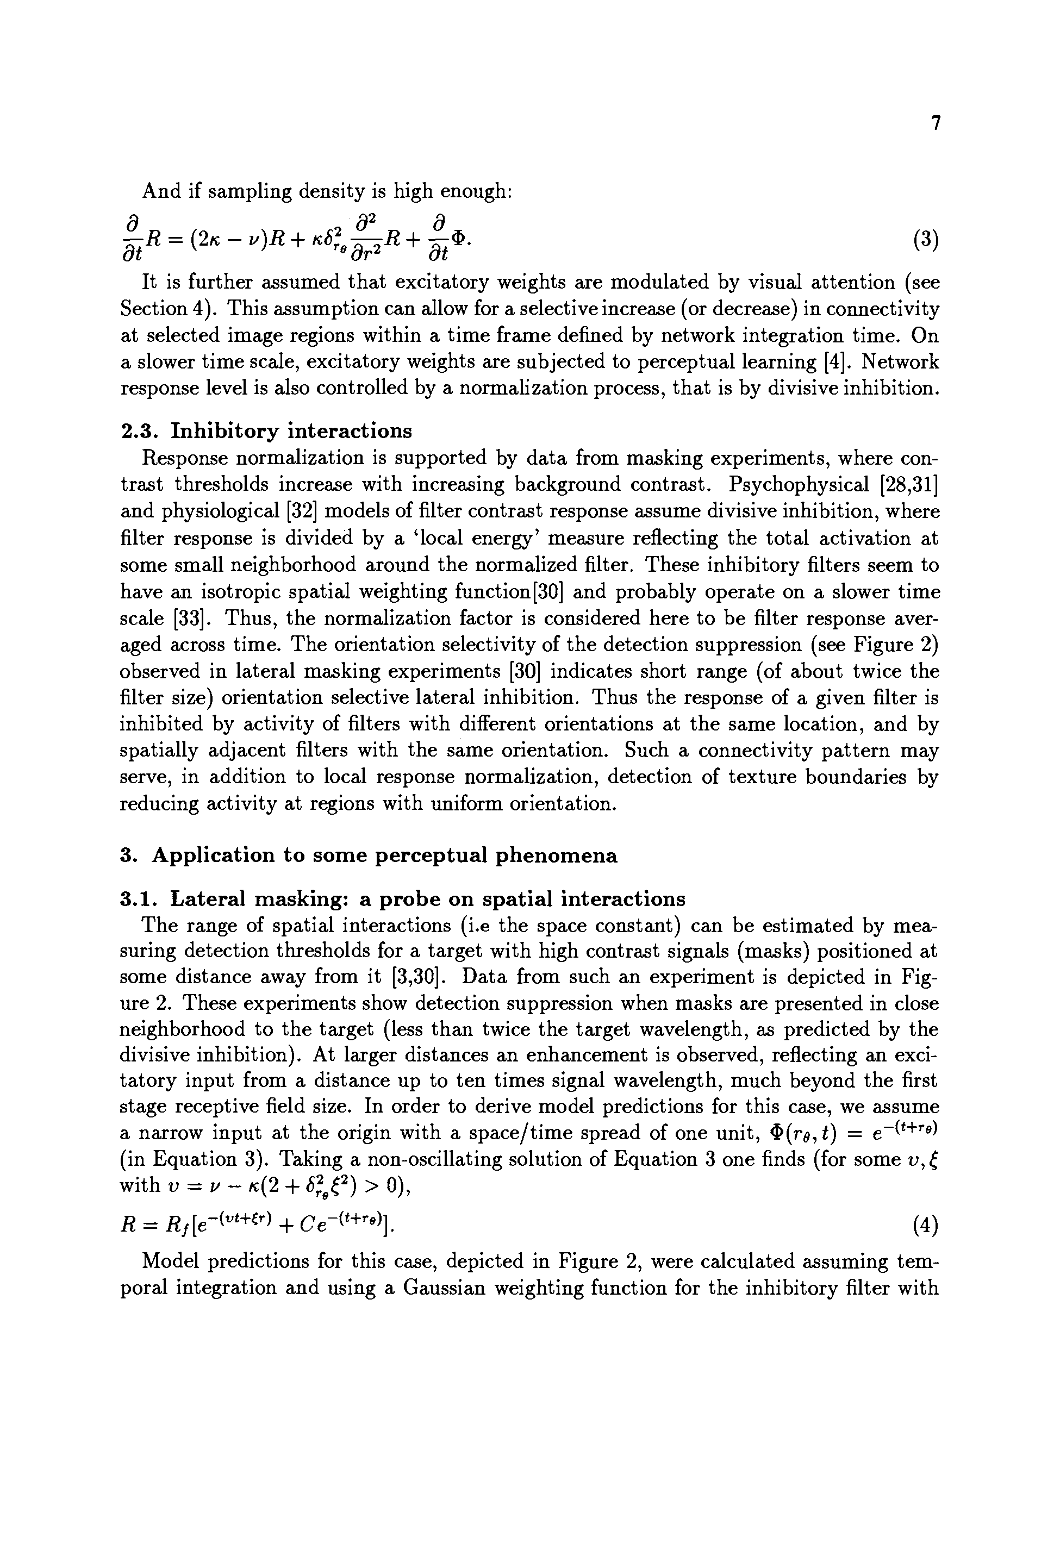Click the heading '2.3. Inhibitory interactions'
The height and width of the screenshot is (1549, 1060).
(266, 431)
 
